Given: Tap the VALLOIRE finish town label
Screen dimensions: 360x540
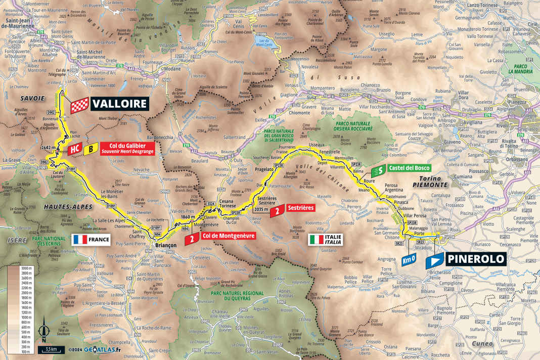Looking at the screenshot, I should coord(120,104).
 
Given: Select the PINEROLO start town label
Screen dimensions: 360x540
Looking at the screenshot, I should coord(475,259).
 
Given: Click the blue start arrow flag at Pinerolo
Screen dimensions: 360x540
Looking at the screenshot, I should coord(434,261).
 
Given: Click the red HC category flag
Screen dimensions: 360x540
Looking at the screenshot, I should coord(74,150).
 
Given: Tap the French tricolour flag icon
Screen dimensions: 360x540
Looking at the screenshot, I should coord(80,239).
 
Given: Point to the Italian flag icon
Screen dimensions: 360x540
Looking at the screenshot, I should coord(317,239).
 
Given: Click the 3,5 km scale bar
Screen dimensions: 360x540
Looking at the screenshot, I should coord(51,349).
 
